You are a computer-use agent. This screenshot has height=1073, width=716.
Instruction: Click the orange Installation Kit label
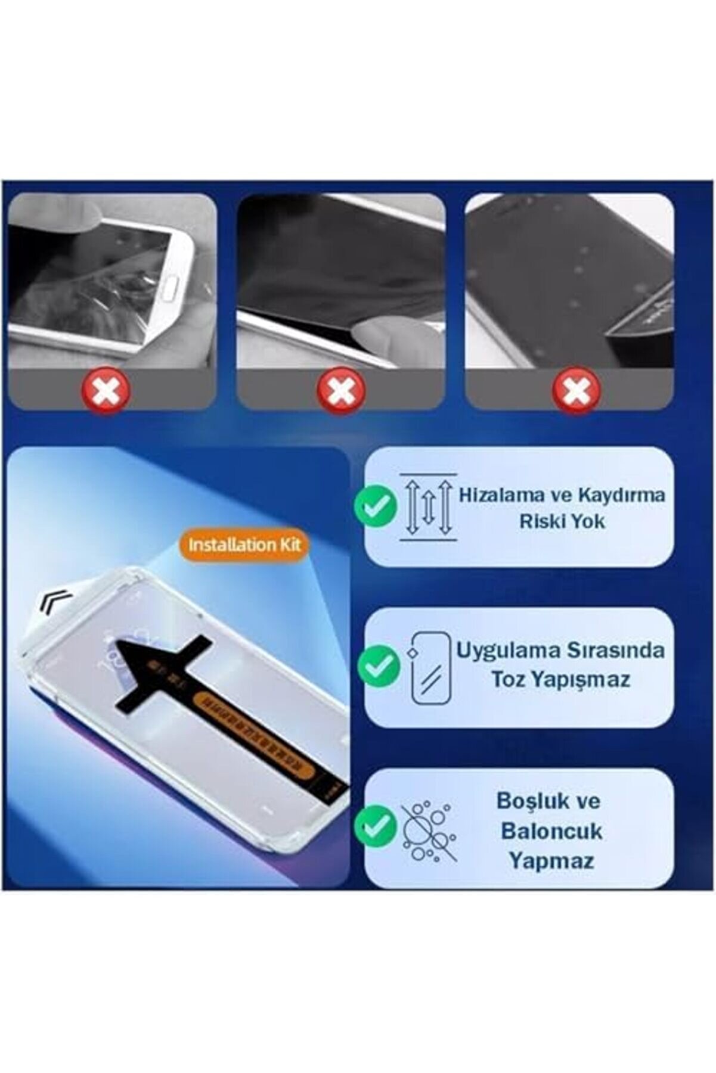coord(245,545)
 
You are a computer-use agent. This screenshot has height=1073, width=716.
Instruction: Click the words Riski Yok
coord(562,521)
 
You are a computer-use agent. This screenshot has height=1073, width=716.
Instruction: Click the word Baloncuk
coord(552,831)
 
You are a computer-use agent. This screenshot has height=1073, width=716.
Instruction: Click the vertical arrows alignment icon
coord(427,507)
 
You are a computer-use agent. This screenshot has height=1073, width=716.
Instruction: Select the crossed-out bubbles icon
coord(429,830)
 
